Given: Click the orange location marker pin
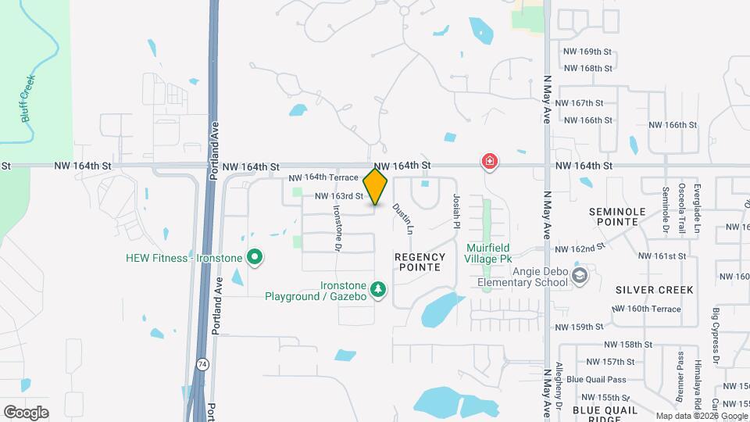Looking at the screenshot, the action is point(376,187).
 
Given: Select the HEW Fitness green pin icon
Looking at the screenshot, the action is point(254,257).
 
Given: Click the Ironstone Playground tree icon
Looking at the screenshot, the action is point(378,291).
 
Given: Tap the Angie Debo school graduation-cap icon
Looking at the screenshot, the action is point(580,275).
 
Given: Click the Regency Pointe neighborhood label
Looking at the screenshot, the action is point(420,262).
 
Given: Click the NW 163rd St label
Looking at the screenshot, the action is point(339,196).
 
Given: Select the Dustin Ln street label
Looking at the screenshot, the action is point(402,220).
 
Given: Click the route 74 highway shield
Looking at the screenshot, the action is point(202,364).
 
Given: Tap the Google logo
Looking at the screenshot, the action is point(26,412).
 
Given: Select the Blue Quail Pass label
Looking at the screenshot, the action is point(596,380).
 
